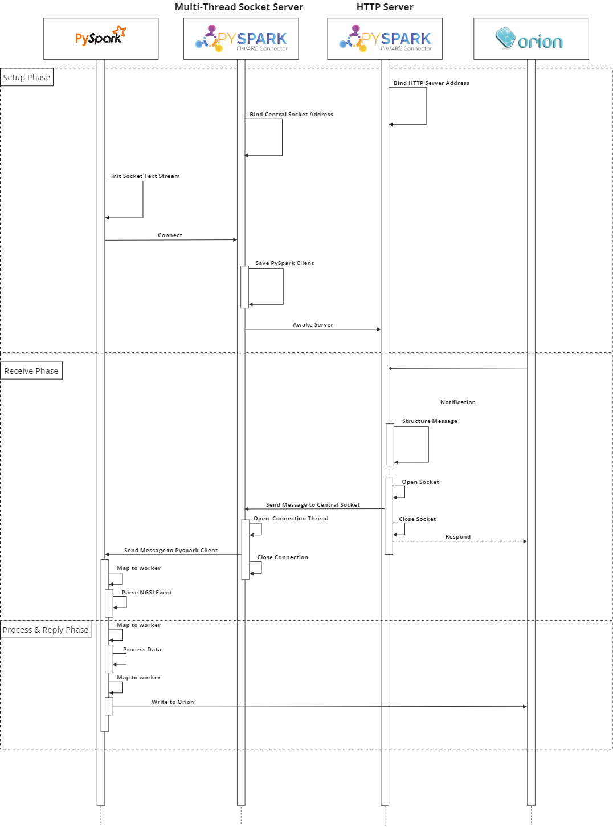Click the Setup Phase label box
[26, 77]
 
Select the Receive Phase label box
[31, 370]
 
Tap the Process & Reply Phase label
[46, 629]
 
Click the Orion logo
[529, 38]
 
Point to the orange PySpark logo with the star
[101, 35]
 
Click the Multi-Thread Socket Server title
[239, 7]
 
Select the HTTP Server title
[385, 7]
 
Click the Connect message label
[170, 235]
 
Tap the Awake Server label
[313, 325]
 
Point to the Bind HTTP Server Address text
[431, 83]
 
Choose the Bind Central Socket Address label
[291, 115]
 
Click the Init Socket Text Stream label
[145, 176]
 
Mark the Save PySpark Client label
[284, 263]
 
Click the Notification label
[458, 402]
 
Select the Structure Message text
[430, 421]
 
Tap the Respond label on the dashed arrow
[458, 537]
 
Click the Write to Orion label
[173, 702]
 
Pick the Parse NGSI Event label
[147, 593]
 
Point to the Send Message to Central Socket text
[313, 505]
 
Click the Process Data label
[142, 650]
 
